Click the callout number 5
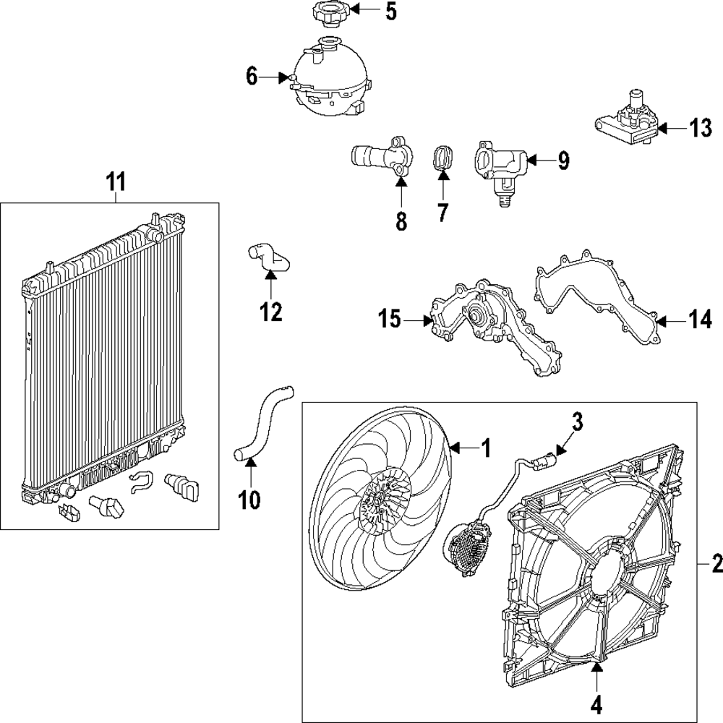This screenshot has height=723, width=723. pos(390,12)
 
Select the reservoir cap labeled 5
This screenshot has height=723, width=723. pos(330,12)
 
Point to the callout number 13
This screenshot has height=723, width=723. pos(700,129)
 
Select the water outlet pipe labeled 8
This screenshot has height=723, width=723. pos(379,157)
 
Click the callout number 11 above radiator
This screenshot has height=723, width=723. pos(116,182)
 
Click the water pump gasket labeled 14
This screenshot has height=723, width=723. pos(597,303)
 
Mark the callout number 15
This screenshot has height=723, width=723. pos(390,319)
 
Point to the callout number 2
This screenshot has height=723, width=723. pos(715,562)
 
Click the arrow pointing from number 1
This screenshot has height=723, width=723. pos(461,449)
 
